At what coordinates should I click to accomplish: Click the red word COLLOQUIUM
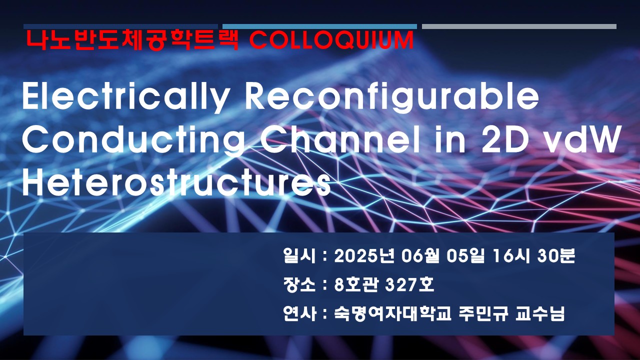coord(331,40)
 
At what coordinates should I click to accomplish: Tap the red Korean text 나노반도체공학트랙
coord(132,40)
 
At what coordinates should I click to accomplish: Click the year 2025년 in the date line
coord(364,256)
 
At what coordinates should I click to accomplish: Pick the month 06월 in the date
coord(423,256)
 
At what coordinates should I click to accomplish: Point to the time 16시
coord(511,256)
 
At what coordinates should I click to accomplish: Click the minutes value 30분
coord(556,256)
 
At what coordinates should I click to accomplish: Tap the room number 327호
coord(409,285)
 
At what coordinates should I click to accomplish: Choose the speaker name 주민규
coord(483,313)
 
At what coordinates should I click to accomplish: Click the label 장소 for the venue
coord(299,285)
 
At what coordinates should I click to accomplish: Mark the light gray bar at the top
coord(519,26)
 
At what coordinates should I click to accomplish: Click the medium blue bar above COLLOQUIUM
coord(319,26)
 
